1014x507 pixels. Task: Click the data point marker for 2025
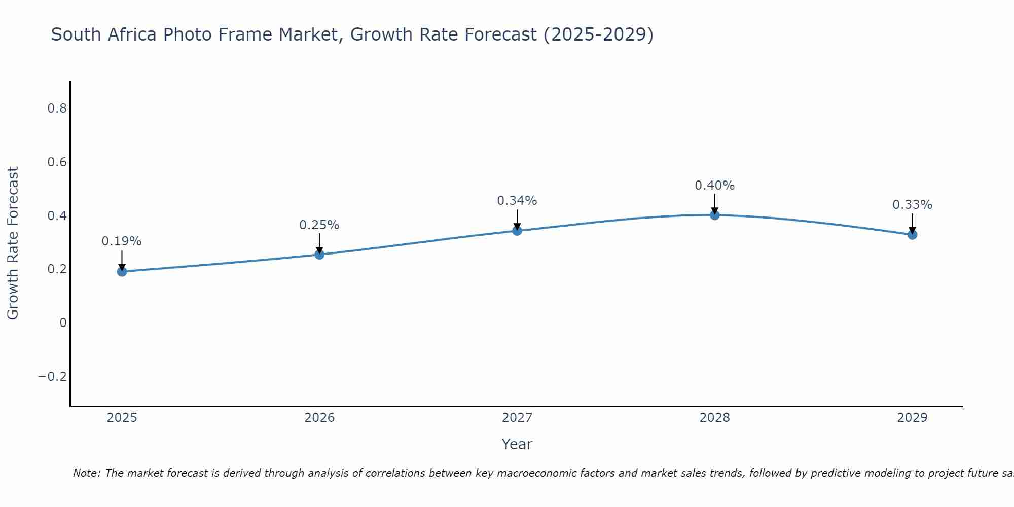(x=122, y=271)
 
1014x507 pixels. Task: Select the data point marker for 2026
(x=319, y=254)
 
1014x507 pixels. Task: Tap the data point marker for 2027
(x=517, y=231)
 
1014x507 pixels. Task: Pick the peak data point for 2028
(x=714, y=215)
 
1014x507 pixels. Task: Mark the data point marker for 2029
(x=912, y=234)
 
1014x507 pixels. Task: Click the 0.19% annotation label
(x=122, y=241)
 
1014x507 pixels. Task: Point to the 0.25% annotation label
(x=319, y=225)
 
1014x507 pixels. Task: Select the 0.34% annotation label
(x=517, y=201)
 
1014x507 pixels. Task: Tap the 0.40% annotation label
(x=714, y=186)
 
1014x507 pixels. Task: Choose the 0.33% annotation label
(x=912, y=205)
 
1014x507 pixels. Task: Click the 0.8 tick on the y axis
(x=57, y=108)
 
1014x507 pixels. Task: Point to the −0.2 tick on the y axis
(x=52, y=377)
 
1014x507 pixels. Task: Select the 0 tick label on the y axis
(x=63, y=323)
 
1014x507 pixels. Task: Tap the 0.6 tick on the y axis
(x=57, y=162)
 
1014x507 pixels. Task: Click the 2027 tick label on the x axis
(x=517, y=418)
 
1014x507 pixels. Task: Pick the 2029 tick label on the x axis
(x=912, y=418)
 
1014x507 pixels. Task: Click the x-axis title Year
(x=517, y=444)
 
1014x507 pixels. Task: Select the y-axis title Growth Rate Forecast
(x=13, y=243)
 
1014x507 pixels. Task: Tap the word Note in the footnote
(x=86, y=473)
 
